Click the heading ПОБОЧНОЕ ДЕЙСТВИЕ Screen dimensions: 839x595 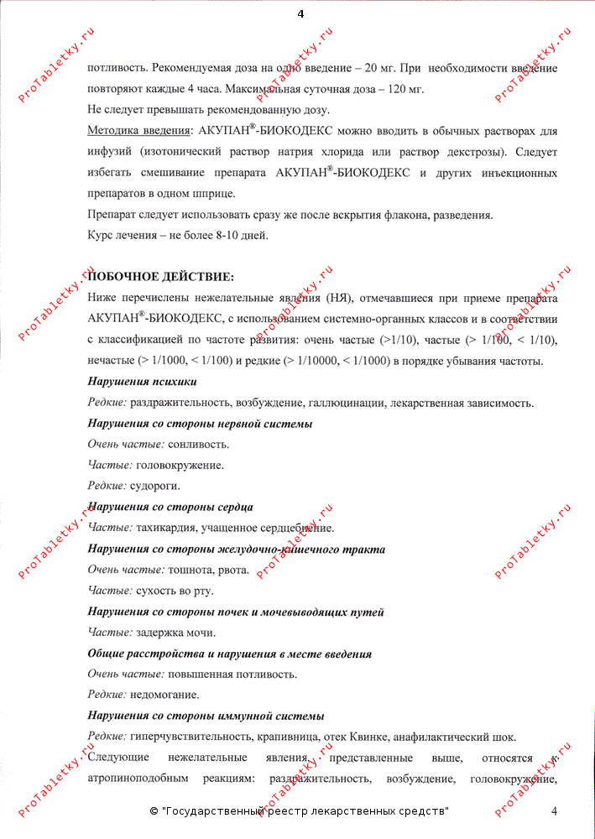161,277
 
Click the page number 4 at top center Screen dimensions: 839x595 300,13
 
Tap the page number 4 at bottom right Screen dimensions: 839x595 554,810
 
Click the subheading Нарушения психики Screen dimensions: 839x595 130,382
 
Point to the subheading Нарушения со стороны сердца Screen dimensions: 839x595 170,507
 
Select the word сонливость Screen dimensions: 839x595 198,444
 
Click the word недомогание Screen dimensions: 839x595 165,695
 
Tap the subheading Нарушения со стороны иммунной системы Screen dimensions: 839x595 206,716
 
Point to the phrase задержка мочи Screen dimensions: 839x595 175,633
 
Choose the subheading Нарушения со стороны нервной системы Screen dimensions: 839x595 200,424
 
